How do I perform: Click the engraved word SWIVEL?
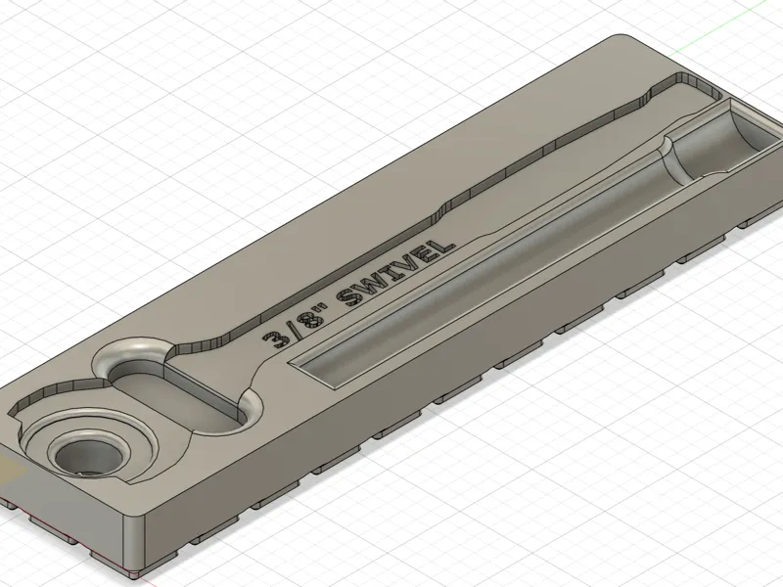click(397, 274)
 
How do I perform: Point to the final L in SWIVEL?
click(444, 247)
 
